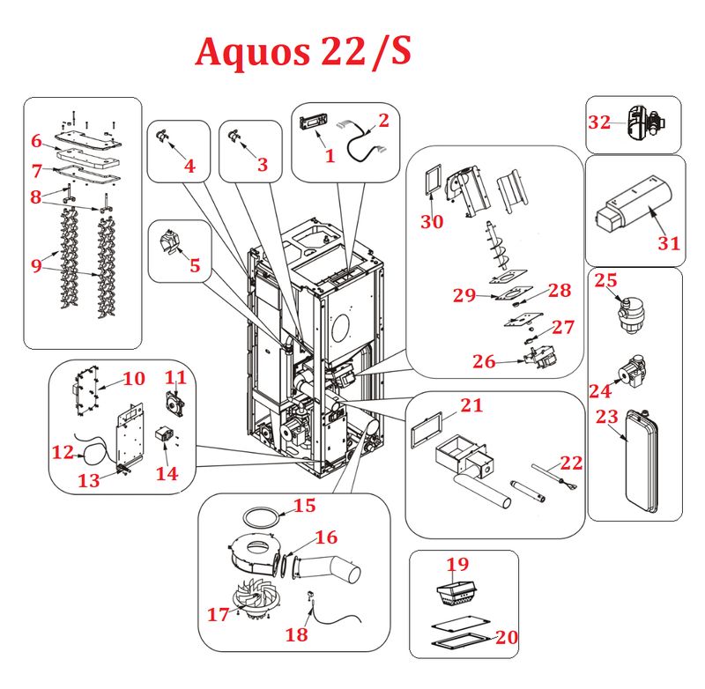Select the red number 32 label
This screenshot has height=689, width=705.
[x=599, y=122]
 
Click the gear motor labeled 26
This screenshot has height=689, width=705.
[x=533, y=359]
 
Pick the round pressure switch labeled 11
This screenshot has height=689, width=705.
[x=175, y=403]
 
